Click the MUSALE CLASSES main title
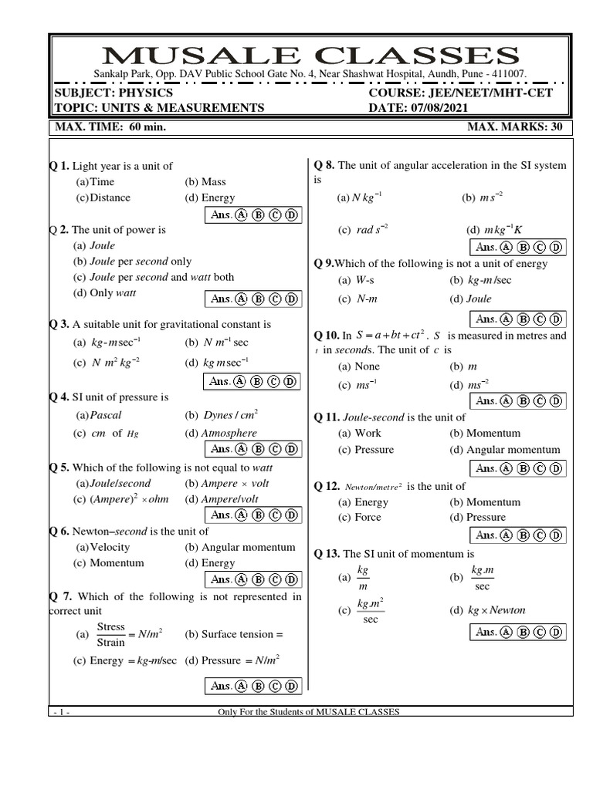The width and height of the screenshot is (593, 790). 311,56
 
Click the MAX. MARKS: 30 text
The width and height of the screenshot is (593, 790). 515,127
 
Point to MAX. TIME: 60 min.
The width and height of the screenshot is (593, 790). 108,127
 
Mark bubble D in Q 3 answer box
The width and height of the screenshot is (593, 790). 290,381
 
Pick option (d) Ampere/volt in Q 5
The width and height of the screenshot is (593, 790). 222,499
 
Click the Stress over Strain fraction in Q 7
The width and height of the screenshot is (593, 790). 111,634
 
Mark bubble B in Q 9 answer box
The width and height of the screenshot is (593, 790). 524,319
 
